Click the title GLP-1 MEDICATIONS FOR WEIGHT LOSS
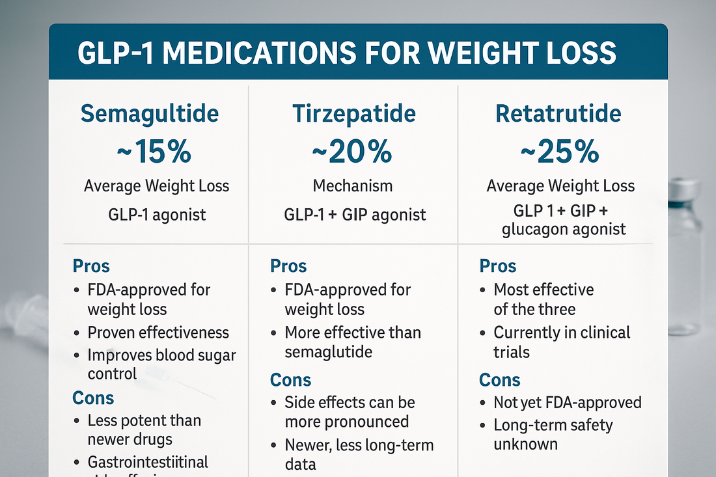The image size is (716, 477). pos(346,53)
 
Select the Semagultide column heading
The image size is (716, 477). pos(150,113)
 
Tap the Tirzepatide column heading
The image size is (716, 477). pos(353,113)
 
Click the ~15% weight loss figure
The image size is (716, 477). pos(154,152)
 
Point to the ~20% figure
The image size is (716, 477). pos(352,152)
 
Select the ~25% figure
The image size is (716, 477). pos(560,152)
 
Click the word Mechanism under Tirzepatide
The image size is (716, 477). pos(353,186)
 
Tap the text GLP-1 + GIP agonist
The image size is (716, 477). pos(355,215)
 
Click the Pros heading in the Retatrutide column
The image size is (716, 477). pos(497,266)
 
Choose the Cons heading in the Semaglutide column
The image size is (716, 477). pos(93,398)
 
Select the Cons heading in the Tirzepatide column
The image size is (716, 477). pos(290,379)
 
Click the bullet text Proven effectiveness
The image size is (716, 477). pos(158,333)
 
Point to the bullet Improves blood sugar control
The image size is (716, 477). pos(161,364)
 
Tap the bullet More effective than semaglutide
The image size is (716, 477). pos(353,342)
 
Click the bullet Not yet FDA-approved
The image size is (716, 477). pos(567,402)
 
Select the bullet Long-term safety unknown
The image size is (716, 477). pos(553,435)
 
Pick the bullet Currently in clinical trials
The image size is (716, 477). pos(561,342)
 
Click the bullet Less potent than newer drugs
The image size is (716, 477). pos(144,429)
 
